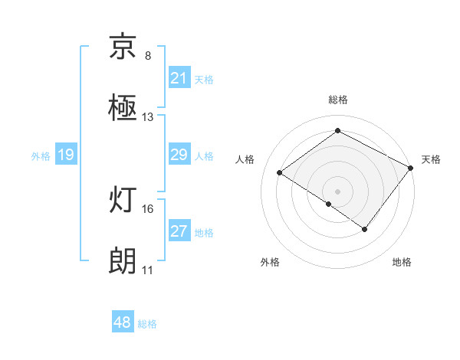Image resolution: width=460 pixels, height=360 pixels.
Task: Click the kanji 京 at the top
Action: click(123, 47)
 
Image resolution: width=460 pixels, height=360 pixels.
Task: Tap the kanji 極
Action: click(123, 107)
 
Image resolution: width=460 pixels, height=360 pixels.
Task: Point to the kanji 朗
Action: click(123, 262)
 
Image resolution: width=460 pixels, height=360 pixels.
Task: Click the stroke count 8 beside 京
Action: click(148, 56)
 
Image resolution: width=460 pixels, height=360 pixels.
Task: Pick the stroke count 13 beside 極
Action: click(148, 117)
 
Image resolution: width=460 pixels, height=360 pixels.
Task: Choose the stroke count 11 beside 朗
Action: click(148, 270)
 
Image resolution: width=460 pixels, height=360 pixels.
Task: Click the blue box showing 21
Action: click(179, 77)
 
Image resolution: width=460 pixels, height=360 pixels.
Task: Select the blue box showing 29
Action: click(179, 155)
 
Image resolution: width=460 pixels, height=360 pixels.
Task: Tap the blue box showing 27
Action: click(179, 231)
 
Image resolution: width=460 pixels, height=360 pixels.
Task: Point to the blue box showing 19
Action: click(66, 155)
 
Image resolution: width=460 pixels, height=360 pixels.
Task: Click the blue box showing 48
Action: click(123, 322)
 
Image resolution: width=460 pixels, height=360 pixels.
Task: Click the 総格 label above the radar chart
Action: click(337, 100)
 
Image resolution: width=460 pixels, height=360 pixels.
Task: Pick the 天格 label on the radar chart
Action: click(431, 159)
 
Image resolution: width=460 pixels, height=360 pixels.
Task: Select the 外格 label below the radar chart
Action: click(270, 263)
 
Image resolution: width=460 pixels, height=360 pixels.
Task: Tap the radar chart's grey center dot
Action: click(337, 190)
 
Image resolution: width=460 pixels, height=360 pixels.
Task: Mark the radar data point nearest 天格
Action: click(410, 168)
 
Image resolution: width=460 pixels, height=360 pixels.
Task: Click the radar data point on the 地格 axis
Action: click(365, 229)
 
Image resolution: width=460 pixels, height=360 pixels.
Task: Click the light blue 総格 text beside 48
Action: click(147, 324)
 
